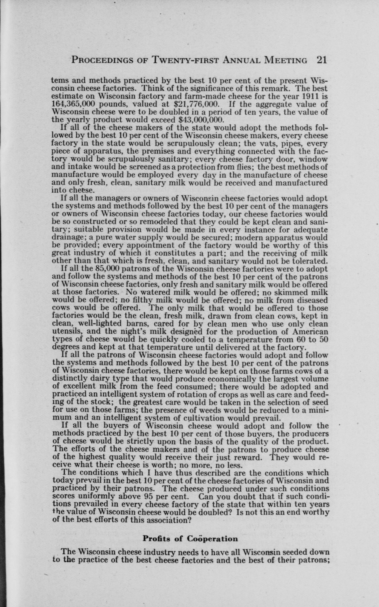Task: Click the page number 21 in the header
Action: point(322,60)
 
